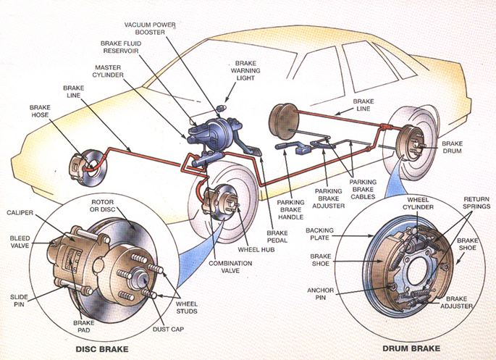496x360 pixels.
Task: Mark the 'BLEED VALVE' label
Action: (20, 242)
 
